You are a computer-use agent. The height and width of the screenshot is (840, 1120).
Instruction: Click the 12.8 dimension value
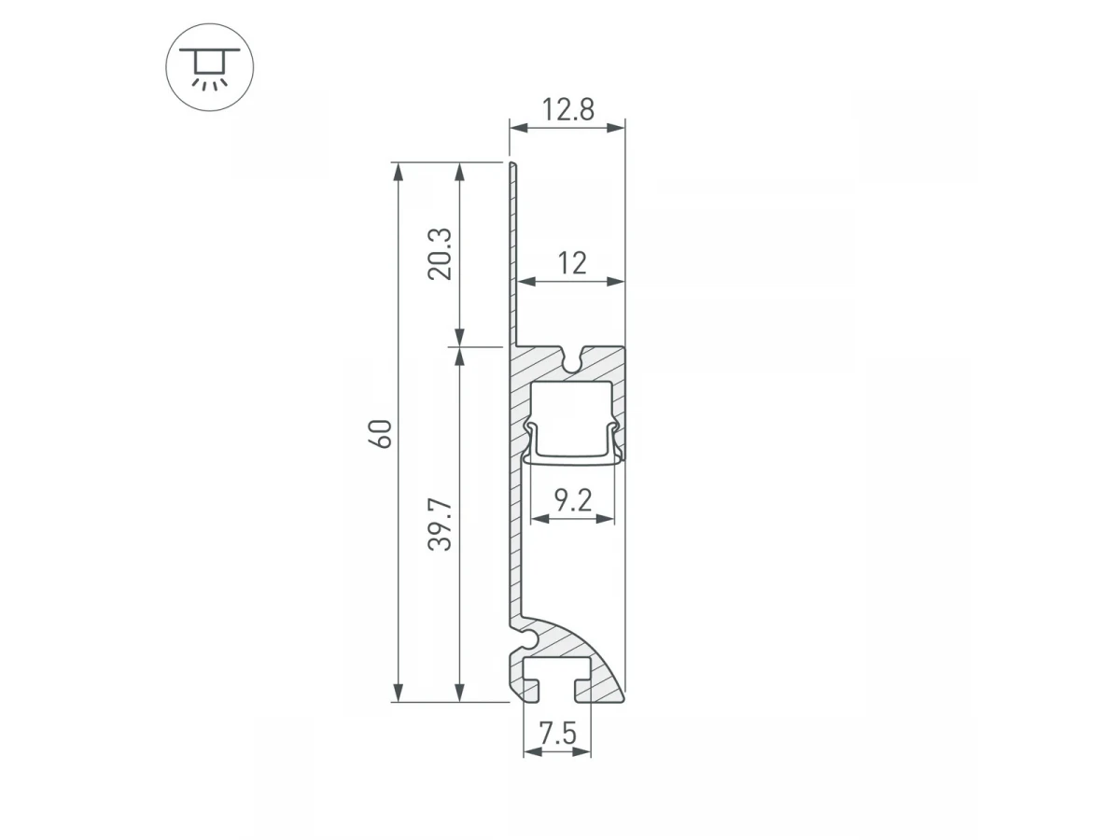tap(567, 109)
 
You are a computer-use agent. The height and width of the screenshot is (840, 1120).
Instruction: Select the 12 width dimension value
tap(572, 263)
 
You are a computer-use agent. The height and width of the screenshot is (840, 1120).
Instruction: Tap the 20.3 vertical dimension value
tap(440, 254)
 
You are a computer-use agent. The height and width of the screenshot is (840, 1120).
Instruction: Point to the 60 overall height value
tap(380, 434)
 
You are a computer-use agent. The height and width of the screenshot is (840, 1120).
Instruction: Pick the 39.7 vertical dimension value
tap(440, 525)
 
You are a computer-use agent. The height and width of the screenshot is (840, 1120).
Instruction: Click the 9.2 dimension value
tap(573, 500)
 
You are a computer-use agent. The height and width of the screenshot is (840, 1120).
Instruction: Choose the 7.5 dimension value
tap(558, 734)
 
